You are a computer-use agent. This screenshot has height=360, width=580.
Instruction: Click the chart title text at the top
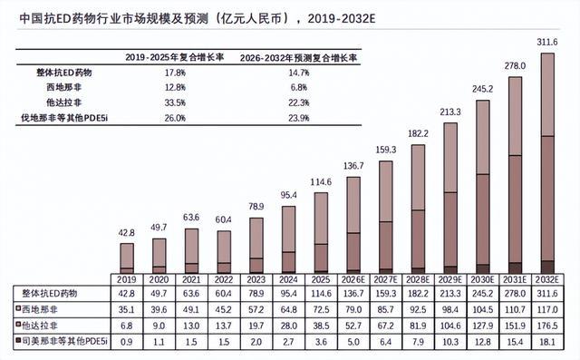pos(198,18)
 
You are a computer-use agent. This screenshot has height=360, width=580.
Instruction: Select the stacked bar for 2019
pos(127,258)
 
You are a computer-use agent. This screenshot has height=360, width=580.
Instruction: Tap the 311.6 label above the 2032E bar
pos(547,43)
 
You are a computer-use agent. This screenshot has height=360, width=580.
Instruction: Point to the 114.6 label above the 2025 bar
pos(321,182)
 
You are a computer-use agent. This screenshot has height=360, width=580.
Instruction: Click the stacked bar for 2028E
pos(418,209)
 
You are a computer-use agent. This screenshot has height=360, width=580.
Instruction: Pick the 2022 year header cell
pos(224,279)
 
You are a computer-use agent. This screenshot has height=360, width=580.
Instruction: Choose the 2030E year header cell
pos(482,279)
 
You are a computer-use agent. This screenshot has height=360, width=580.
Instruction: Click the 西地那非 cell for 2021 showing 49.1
pos(191,309)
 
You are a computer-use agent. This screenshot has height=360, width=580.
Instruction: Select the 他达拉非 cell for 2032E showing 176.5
pos(547,326)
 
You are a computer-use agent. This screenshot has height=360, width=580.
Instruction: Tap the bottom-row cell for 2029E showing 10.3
pos(450,342)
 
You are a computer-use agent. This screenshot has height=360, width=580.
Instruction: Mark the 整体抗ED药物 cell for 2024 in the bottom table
pos(288,294)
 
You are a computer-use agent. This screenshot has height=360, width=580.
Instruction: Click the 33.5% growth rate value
pos(175,102)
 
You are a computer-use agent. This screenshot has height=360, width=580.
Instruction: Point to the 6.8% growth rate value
pos(299,87)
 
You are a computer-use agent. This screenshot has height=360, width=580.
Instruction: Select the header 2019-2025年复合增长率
pos(175,57)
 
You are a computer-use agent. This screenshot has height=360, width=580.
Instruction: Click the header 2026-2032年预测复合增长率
pos(299,58)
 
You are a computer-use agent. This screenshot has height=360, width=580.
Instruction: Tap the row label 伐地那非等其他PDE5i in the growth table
pos(64,118)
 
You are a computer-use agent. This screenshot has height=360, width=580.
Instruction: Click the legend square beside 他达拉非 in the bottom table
pos(17,325)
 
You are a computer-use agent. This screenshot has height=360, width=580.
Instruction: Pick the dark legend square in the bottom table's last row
pos(17,339)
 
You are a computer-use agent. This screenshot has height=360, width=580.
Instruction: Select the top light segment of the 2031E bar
pos(516,116)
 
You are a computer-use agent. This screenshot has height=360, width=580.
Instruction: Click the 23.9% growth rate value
pos(299,118)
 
